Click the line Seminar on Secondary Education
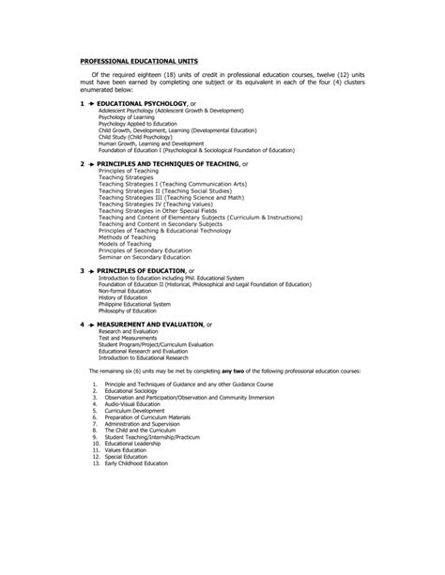(141, 256)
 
